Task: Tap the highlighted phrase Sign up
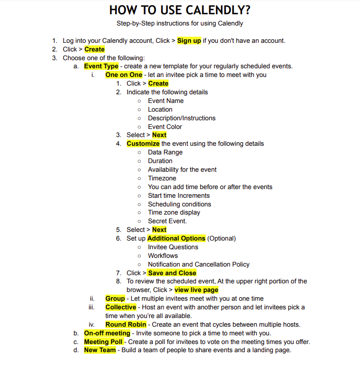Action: click(x=189, y=41)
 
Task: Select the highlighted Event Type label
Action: click(x=101, y=66)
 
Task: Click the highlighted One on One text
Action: click(x=124, y=75)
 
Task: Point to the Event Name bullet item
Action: click(x=165, y=101)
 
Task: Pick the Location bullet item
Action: click(x=160, y=110)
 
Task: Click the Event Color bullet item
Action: click(x=164, y=127)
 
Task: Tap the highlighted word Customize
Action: click(x=143, y=144)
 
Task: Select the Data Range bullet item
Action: click(x=165, y=152)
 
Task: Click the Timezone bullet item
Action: click(x=162, y=178)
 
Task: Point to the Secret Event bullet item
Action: click(x=167, y=221)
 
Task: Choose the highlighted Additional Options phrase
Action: click(x=176, y=239)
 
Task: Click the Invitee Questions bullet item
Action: click(x=173, y=247)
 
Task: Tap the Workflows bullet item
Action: click(x=163, y=256)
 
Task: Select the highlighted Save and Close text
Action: click(x=172, y=273)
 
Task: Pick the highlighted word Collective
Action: click(x=121, y=307)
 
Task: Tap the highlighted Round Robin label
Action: click(x=125, y=325)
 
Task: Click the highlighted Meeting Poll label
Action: click(x=103, y=342)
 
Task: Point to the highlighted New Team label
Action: click(x=100, y=350)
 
